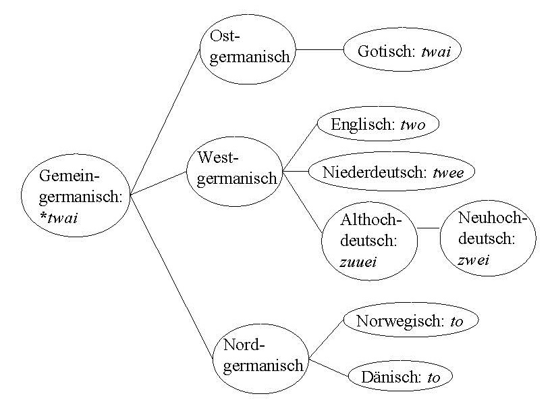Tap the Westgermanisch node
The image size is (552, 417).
tap(233, 168)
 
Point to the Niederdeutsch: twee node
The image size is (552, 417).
tap(391, 172)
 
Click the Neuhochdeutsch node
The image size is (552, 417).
tap(488, 239)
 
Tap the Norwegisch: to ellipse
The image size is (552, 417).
tap(410, 322)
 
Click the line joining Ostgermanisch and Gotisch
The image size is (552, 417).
tap(321, 49)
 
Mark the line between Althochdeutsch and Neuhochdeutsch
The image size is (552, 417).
tap(428, 228)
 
